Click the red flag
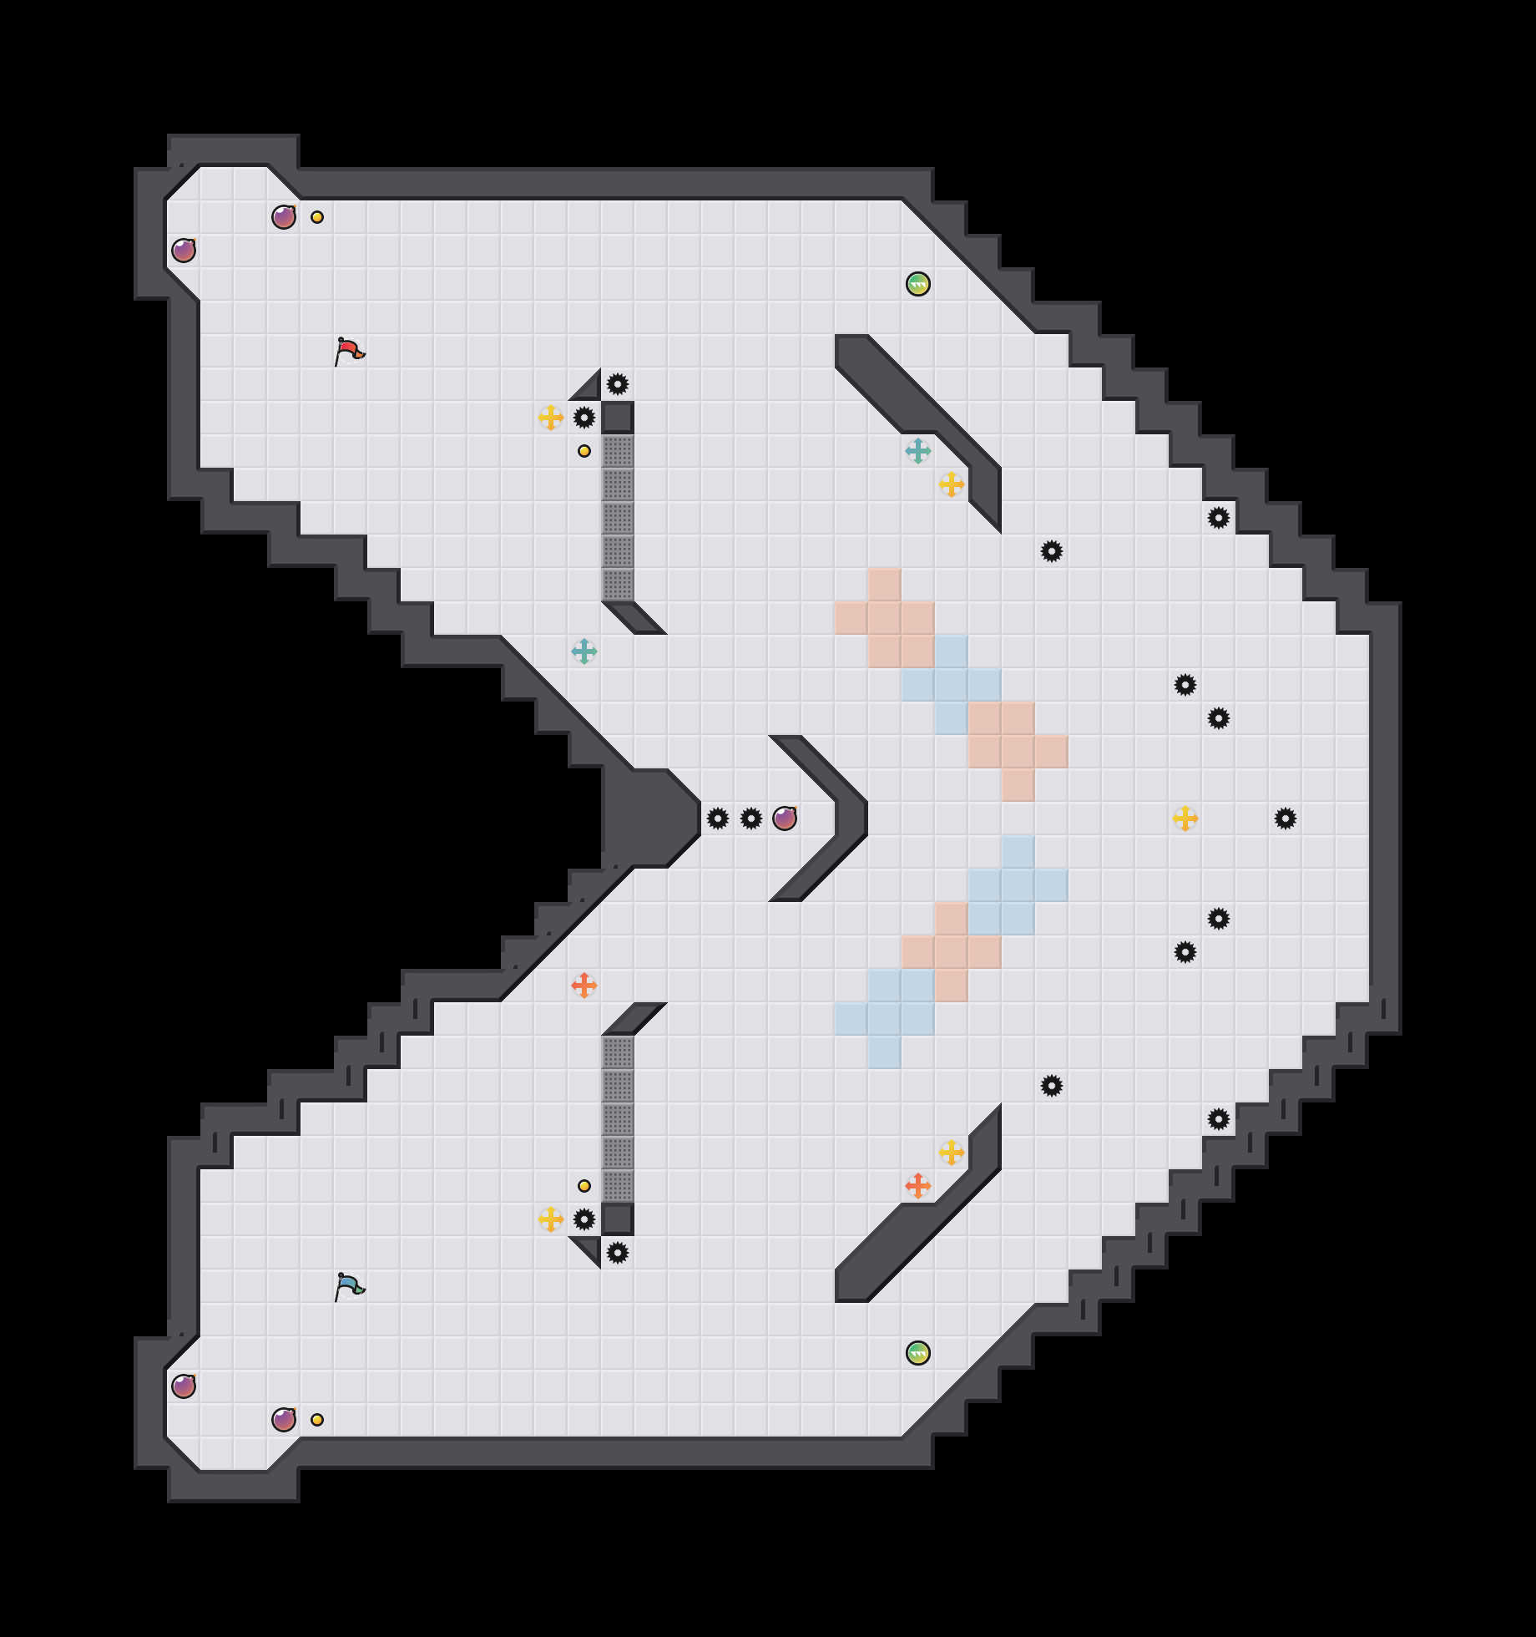349,351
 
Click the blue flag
349,1286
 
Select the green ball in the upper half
918,284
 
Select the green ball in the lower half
918,1353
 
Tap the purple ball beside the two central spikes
785,818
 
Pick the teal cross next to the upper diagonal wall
918,451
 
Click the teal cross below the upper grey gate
584,651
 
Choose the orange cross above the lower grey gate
584,986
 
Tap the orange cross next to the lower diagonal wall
918,1186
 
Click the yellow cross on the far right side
1185,818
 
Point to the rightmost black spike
1286,818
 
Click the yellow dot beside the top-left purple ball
317,217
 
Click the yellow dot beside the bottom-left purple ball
317,1420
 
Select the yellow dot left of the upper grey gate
584,451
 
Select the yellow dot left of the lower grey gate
584,1186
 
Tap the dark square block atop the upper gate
618,418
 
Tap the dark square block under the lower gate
618,1219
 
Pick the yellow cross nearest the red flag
551,418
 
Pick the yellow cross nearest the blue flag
551,1219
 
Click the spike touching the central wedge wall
718,818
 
